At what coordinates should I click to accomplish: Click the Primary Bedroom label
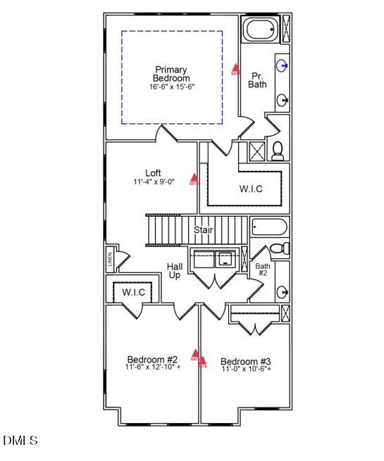171,74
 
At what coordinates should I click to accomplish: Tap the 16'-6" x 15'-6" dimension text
171,87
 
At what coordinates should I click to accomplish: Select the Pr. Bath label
256,79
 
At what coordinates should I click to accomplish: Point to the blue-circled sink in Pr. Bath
283,66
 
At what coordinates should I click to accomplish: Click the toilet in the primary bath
278,149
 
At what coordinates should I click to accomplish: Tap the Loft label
153,173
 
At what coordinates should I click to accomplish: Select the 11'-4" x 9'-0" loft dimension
153,182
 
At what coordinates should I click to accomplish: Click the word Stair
204,230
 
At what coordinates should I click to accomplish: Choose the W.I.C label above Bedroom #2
133,291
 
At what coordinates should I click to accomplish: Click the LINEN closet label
110,259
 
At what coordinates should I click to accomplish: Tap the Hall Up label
174,271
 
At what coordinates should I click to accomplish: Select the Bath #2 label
262,270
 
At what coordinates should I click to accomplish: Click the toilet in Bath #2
280,248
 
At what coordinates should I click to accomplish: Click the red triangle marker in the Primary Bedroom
236,70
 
